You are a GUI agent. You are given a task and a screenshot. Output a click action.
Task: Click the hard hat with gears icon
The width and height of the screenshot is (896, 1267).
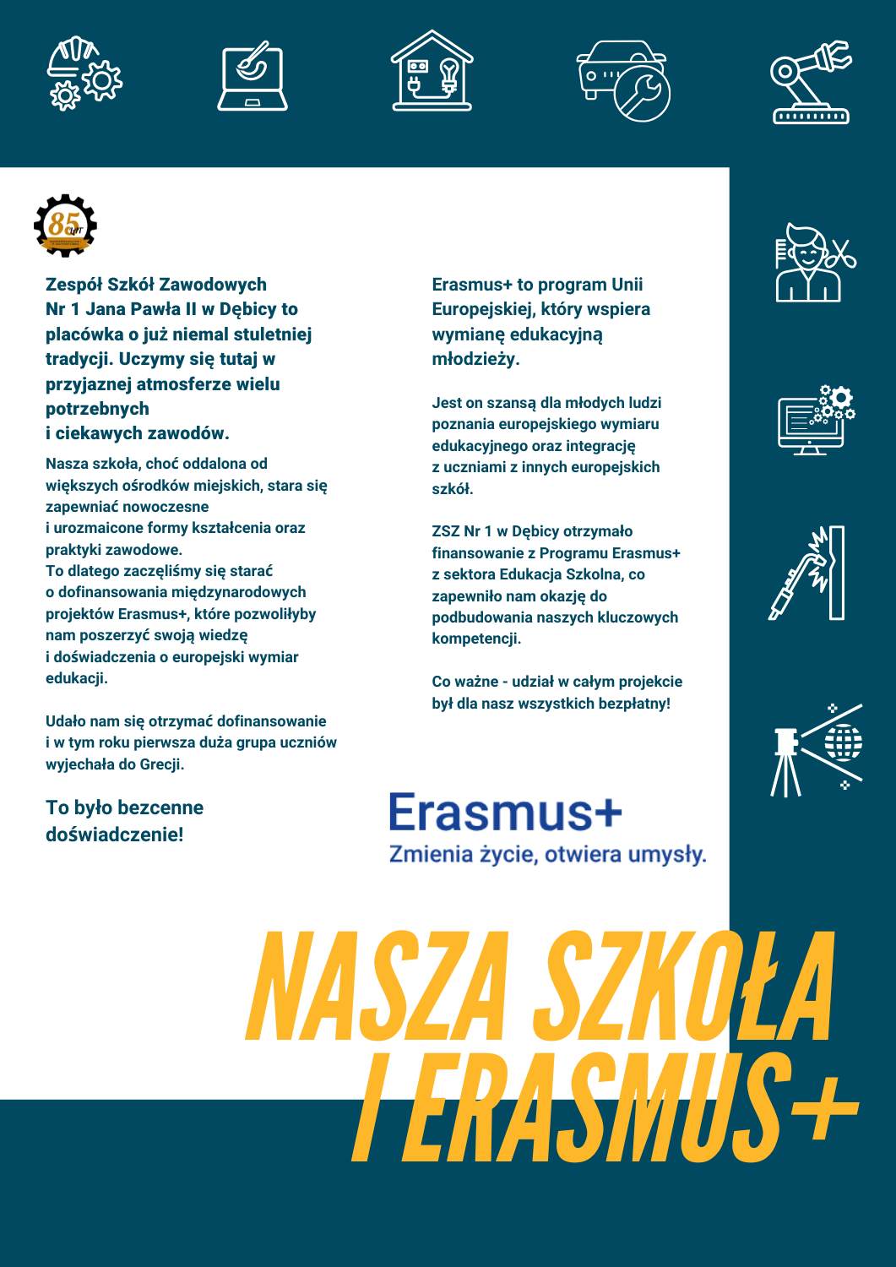(x=84, y=73)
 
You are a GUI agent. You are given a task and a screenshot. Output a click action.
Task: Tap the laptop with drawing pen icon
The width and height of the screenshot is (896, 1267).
(x=253, y=78)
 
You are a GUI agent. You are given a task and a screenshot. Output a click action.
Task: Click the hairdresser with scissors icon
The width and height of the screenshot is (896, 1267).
(x=814, y=263)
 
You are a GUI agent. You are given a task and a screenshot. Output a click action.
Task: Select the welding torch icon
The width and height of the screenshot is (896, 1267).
(x=807, y=573)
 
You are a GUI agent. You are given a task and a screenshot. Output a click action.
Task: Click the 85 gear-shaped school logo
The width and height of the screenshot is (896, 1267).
(x=66, y=226)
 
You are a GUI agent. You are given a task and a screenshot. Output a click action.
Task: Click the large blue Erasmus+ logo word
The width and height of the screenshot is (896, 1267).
(x=504, y=812)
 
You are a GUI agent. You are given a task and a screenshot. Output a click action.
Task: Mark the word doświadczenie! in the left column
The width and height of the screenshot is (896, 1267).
(x=115, y=835)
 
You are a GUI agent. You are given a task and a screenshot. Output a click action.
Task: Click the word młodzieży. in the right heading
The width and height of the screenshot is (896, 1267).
(x=475, y=359)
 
